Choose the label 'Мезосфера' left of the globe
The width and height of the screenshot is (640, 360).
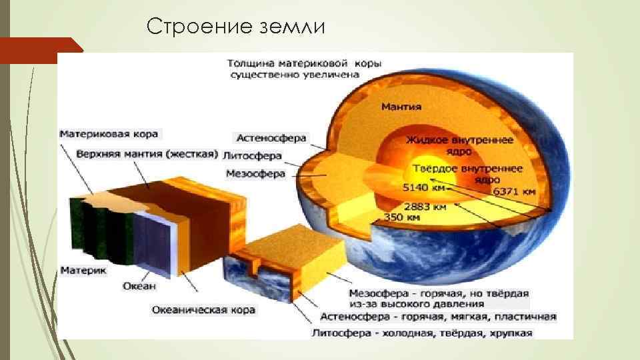tap(256, 174)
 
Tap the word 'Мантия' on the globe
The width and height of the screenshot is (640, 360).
tap(401, 107)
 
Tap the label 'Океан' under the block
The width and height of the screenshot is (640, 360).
tap(139, 286)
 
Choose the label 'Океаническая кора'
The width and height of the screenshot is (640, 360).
tap(199, 310)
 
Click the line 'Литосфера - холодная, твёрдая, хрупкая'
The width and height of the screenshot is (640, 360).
tap(423, 333)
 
